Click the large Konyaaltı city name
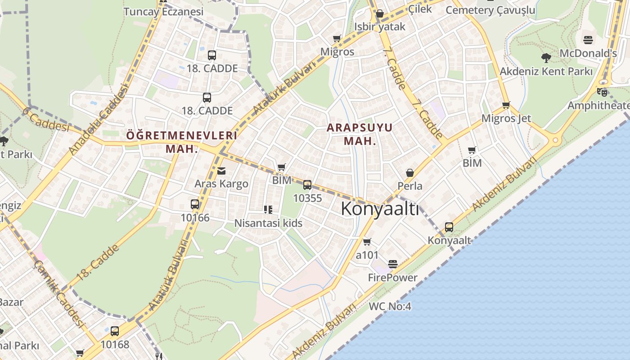coord(380,209)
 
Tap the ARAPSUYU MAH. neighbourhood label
coord(360,134)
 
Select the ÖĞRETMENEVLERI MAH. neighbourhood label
coord(181,142)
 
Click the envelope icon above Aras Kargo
coord(221,171)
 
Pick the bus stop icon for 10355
coord(307,184)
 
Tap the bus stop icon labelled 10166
coord(195,204)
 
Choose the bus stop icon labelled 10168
coord(115,331)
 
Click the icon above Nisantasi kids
coord(268,210)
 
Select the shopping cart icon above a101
coord(367,242)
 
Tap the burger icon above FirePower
coord(393,264)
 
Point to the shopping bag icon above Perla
coord(410,173)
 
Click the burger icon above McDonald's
coord(588,40)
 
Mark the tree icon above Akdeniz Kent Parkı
coord(546,58)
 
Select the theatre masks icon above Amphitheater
coord(602,92)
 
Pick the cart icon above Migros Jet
coord(506,105)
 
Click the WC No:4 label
coord(390,306)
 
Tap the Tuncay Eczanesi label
coord(163,12)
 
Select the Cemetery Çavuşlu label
coord(490,10)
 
